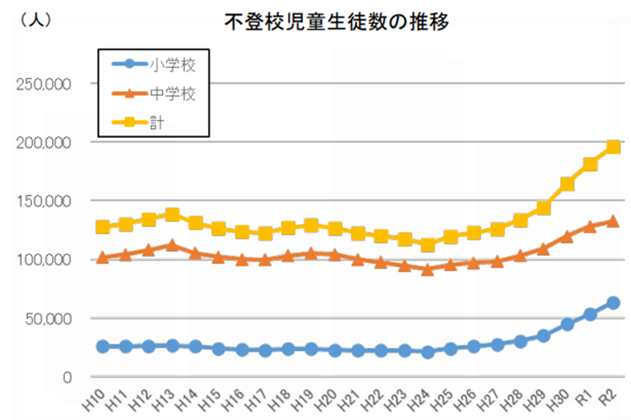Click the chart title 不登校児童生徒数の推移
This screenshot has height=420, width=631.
pyautogui.click(x=337, y=22)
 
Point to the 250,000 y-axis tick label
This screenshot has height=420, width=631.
pyautogui.click(x=43, y=84)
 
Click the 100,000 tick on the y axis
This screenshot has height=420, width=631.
pyautogui.click(x=43, y=260)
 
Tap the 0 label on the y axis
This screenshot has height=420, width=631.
pyautogui.click(x=67, y=377)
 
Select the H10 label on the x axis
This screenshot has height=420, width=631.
pyautogui.click(x=93, y=400)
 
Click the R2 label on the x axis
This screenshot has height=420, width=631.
pyautogui.click(x=608, y=398)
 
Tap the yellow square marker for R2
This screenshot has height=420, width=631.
pyautogui.click(x=613, y=147)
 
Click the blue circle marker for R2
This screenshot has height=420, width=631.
pyautogui.click(x=613, y=303)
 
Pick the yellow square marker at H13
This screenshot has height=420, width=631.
pyautogui.click(x=172, y=215)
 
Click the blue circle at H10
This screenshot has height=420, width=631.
pyautogui.click(x=103, y=346)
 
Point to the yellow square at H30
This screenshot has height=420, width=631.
pyautogui.click(x=567, y=184)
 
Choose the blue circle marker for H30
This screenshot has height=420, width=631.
pyautogui.click(x=567, y=324)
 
